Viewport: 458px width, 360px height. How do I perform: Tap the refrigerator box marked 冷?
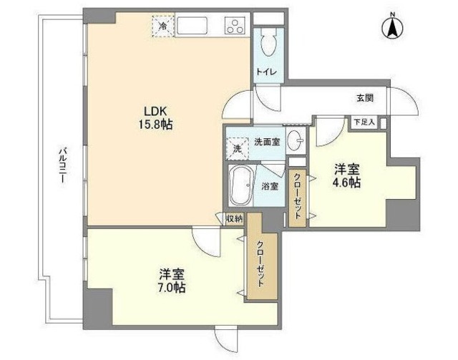click(x=163, y=26)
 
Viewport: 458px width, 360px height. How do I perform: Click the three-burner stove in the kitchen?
click(x=235, y=27)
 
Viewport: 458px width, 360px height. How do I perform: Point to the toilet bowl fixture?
click(x=268, y=42)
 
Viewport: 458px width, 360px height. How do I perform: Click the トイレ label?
click(x=268, y=72)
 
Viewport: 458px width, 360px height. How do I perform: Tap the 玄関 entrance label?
click(x=366, y=98)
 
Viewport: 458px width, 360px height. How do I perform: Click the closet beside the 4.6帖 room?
click(x=297, y=198)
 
